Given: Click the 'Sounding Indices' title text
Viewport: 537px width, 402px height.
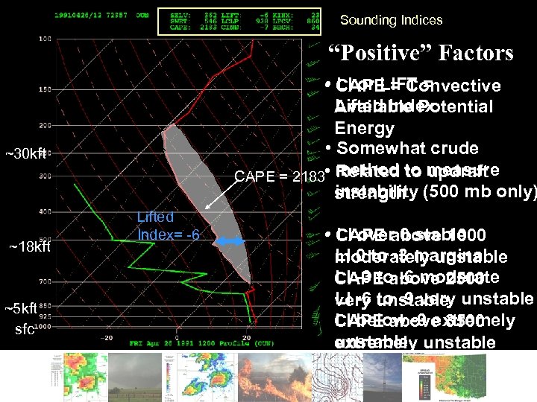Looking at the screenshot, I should pos(391,21).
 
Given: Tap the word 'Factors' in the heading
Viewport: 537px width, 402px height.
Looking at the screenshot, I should pos(475,54).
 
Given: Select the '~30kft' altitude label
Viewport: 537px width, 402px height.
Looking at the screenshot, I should pos(26,154).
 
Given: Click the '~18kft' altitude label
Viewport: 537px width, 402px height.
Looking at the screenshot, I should pos(29,246).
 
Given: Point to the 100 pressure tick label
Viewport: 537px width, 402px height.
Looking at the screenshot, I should pos(44,38).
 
